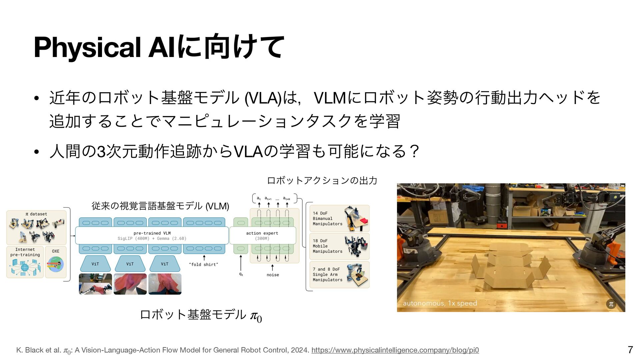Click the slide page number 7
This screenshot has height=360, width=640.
tap(630, 350)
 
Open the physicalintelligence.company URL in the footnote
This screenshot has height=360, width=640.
tap(395, 350)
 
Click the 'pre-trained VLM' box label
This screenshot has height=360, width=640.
tap(152, 233)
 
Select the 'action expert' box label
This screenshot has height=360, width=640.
tap(262, 233)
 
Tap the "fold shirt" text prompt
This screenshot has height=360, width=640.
tap(203, 265)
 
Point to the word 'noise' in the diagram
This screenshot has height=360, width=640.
tap(273, 275)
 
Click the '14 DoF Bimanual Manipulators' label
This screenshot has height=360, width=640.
tap(327, 219)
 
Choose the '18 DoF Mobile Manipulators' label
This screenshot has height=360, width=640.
tap(327, 246)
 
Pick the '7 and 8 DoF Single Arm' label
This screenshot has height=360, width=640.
tap(327, 275)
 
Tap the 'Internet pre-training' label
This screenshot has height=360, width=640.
tap(25, 252)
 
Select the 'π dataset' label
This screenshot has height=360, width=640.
tap(36, 214)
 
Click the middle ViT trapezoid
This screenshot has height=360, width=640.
tap(130, 264)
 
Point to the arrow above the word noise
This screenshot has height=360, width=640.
tap(273, 267)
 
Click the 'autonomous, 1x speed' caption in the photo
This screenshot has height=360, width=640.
tap(440, 303)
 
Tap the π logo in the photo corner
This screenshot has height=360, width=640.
tap(611, 304)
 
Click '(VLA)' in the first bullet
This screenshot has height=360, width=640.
tap(263, 98)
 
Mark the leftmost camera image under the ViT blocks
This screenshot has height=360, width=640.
tap(95, 284)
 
